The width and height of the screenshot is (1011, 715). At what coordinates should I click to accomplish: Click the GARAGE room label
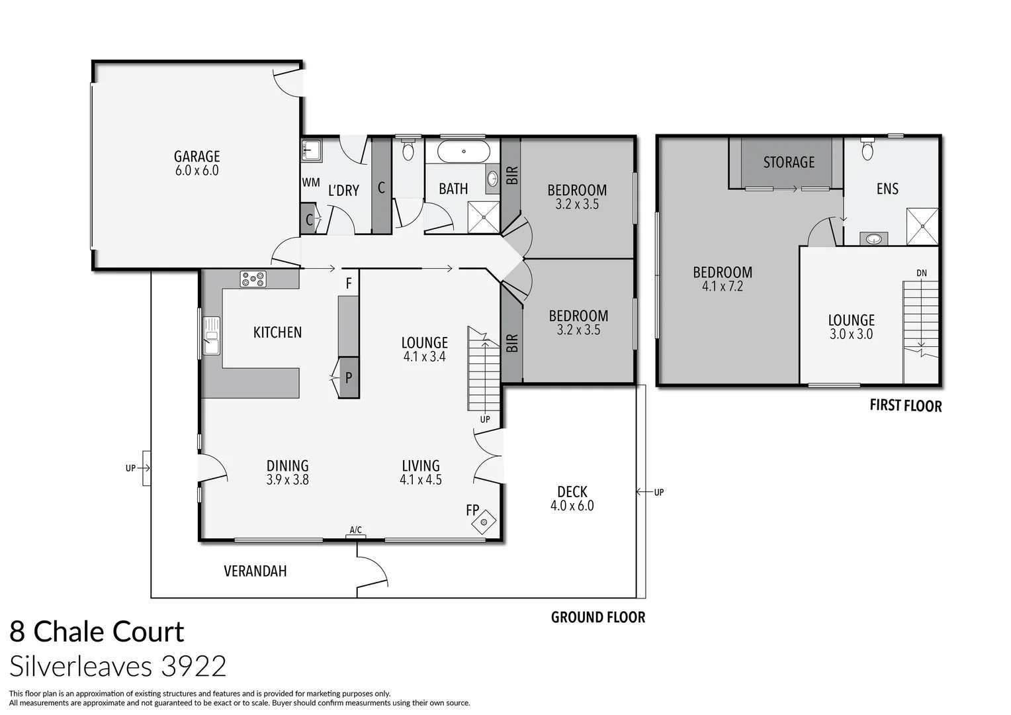(x=197, y=156)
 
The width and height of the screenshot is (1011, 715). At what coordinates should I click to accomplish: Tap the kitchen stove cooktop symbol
(x=253, y=279)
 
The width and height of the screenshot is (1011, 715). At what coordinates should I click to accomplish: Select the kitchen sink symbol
(x=212, y=336)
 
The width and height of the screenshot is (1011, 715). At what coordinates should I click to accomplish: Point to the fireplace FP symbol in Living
(x=484, y=522)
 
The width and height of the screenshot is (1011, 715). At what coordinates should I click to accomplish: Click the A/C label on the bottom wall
(x=355, y=530)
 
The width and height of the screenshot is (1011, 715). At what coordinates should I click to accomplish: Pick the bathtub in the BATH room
(x=464, y=152)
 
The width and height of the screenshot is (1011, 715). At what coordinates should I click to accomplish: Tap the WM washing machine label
(x=311, y=183)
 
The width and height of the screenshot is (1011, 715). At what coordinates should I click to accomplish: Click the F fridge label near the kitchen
(x=349, y=285)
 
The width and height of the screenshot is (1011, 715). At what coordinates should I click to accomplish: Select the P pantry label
(x=349, y=378)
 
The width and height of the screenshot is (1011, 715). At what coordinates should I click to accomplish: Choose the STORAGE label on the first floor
(x=789, y=162)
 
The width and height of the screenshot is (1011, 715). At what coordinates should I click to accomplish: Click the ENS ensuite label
(x=887, y=189)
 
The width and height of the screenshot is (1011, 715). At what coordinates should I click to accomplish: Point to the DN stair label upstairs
(x=922, y=273)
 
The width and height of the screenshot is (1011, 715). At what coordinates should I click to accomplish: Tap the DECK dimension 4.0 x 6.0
(x=572, y=506)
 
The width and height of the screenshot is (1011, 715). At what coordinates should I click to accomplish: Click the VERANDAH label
(x=255, y=571)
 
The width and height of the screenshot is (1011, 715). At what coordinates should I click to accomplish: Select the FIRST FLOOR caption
(x=905, y=406)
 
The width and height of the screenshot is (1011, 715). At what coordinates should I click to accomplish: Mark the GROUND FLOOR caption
(x=598, y=618)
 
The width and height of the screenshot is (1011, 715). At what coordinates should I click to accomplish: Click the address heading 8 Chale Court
(x=97, y=632)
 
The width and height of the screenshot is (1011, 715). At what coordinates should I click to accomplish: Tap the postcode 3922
(x=194, y=666)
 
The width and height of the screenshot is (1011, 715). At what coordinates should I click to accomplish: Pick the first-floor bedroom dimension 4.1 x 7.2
(x=723, y=287)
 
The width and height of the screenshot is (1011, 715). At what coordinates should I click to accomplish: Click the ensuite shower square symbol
(x=922, y=226)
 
